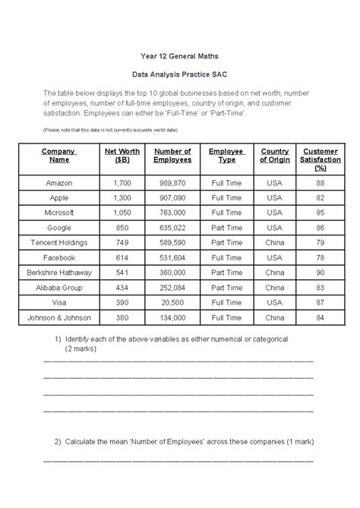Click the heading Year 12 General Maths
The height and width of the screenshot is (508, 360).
click(x=179, y=56)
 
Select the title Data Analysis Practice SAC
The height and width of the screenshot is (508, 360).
click(x=179, y=76)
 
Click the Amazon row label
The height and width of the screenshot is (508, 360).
click(x=58, y=183)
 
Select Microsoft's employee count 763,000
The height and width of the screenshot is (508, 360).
click(x=172, y=213)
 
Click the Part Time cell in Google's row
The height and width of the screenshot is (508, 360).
click(x=226, y=227)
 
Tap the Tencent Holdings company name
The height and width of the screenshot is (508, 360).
click(x=58, y=242)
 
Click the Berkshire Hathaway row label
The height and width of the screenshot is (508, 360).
click(x=58, y=272)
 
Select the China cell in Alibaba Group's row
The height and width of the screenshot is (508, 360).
click(x=274, y=287)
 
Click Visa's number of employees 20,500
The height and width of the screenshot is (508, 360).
click(x=172, y=302)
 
